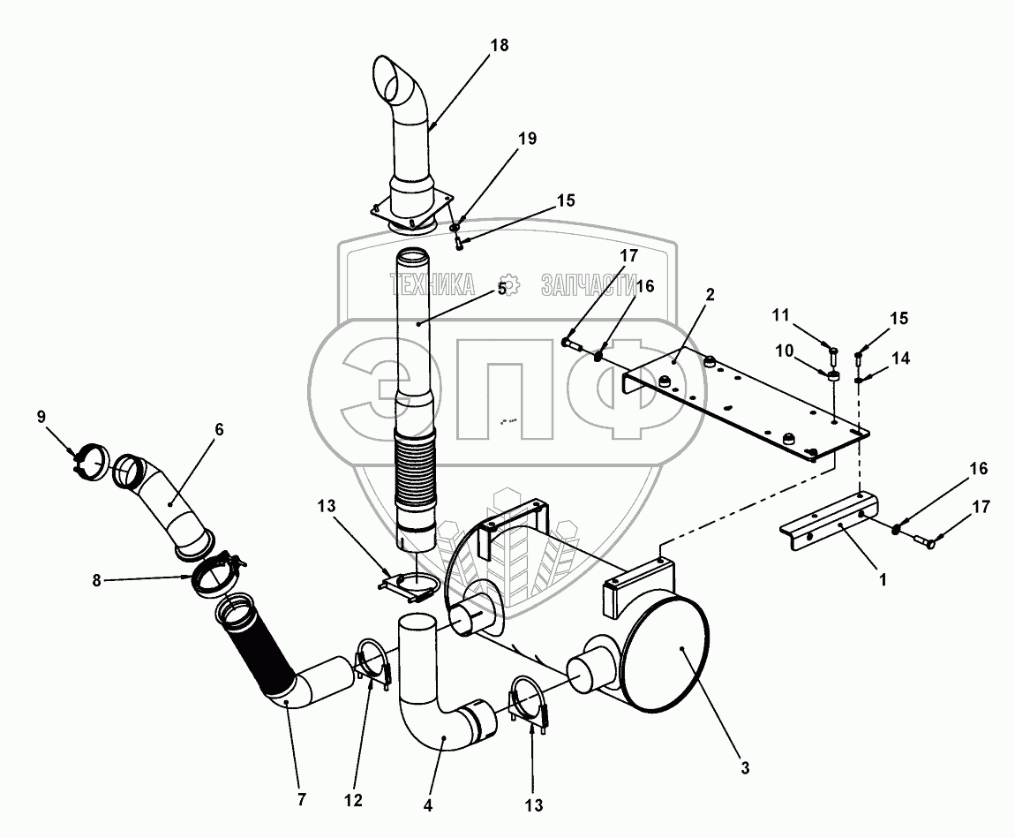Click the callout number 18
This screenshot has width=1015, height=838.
(x=499, y=45)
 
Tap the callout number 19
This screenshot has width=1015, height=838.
(x=528, y=139)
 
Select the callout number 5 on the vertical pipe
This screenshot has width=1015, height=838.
(x=501, y=289)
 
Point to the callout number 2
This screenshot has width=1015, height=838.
(x=710, y=295)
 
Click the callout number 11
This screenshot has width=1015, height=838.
(x=781, y=315)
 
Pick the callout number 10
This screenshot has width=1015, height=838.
(x=785, y=351)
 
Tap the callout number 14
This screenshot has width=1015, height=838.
(x=901, y=359)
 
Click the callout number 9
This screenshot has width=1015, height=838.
(x=41, y=417)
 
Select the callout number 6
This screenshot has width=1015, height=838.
(x=219, y=429)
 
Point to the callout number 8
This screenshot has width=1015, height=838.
(x=96, y=581)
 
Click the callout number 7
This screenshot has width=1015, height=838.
(x=301, y=800)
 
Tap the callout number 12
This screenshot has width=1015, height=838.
(x=353, y=801)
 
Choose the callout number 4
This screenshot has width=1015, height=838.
(x=427, y=806)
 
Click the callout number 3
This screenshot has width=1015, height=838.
(x=745, y=768)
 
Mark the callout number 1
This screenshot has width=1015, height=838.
(x=883, y=579)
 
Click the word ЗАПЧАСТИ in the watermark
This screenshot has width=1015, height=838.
(x=589, y=285)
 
